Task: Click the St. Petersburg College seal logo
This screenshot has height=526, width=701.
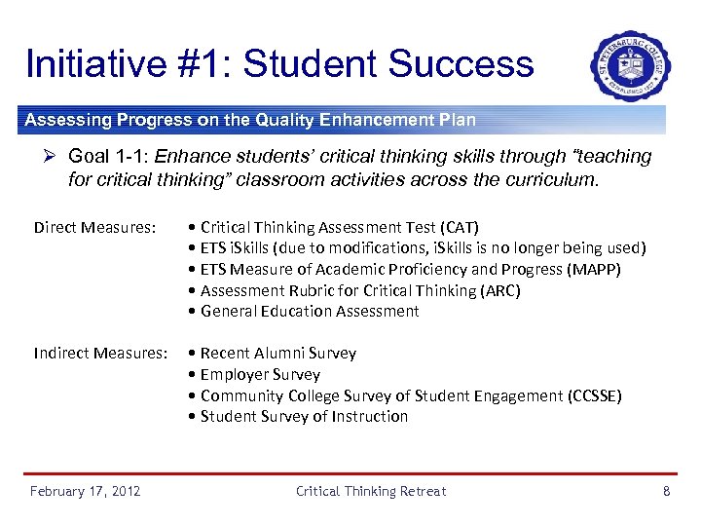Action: (x=631, y=65)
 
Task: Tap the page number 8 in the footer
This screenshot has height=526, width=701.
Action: (x=666, y=491)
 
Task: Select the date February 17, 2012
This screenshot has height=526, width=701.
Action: (x=85, y=491)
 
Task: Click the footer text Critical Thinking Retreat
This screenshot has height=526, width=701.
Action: (x=371, y=491)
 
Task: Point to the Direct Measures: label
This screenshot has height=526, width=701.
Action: (x=94, y=228)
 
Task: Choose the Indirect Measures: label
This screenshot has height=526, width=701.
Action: (x=100, y=354)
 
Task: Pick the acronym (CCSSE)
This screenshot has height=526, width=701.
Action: (x=593, y=395)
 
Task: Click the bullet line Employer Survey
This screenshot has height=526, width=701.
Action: (x=260, y=375)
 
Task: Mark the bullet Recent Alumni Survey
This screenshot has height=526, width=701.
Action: (x=277, y=354)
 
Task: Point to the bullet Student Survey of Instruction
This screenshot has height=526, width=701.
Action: (x=304, y=417)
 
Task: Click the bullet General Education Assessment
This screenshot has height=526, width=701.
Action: (x=310, y=312)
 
